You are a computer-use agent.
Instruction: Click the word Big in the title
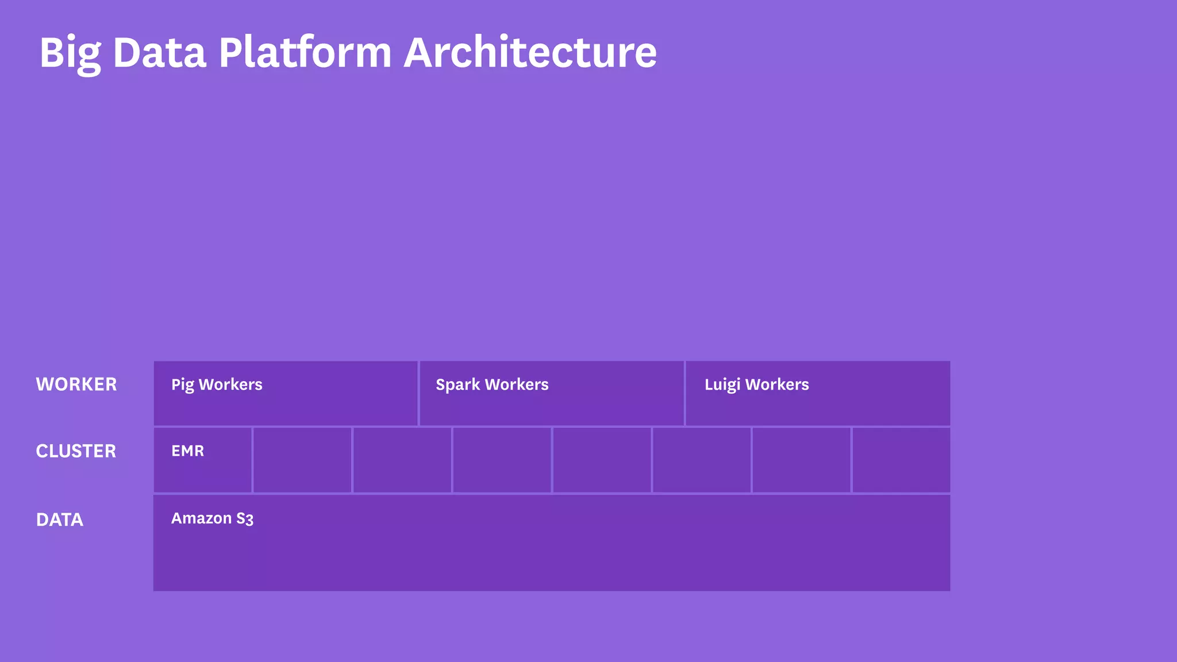coord(70,53)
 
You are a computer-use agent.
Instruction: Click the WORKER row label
coord(76,384)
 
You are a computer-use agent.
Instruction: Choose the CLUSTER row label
coord(76,451)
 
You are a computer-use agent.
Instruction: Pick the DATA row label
coord(60,519)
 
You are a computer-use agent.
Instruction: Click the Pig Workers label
coord(217,384)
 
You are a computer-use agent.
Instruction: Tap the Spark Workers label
coord(492,384)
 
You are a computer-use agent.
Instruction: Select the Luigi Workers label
coord(756,384)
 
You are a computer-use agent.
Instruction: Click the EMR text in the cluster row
coord(187,451)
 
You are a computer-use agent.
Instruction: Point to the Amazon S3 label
coord(212,518)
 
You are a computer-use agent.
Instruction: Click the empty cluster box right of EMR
coord(302,460)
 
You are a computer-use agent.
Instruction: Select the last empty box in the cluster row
coord(901,460)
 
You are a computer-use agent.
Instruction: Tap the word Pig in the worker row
coord(183,385)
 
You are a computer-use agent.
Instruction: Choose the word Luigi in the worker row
coord(722,385)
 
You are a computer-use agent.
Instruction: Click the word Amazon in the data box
coord(201,518)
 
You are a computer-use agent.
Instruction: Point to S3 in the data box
coord(245,519)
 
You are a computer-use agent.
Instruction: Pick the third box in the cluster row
coord(402,460)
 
